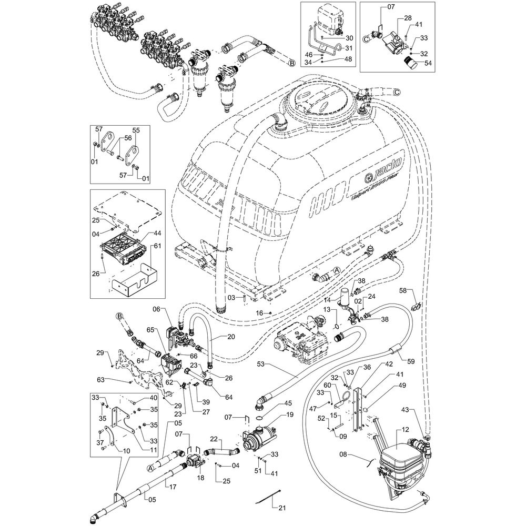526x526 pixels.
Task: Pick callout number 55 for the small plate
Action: point(136,129)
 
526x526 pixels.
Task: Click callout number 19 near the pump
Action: point(290,414)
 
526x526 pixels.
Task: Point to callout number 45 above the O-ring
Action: point(273,403)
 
